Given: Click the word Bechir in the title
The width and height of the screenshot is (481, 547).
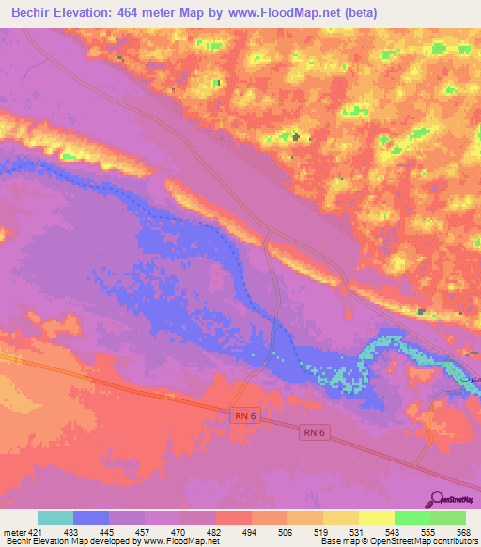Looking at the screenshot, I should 39,13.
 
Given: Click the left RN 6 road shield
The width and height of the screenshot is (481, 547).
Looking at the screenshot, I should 242,414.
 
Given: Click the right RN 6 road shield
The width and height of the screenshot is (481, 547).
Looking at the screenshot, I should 314,432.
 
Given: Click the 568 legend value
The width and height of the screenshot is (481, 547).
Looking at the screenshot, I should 462,531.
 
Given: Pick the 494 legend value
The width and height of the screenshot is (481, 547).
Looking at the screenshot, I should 251,531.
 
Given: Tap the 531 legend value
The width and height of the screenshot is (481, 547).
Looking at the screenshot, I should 357,531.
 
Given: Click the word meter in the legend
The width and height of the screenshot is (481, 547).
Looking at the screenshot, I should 14,531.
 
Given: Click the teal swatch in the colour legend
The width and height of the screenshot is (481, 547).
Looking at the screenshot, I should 55,518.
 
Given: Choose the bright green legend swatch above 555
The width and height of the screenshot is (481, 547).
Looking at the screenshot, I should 411,518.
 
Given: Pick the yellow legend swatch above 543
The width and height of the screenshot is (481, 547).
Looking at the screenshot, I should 376,518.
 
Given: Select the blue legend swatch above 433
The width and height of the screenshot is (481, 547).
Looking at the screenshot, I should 91,518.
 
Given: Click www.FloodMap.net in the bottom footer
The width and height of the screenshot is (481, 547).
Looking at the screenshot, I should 184,541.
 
